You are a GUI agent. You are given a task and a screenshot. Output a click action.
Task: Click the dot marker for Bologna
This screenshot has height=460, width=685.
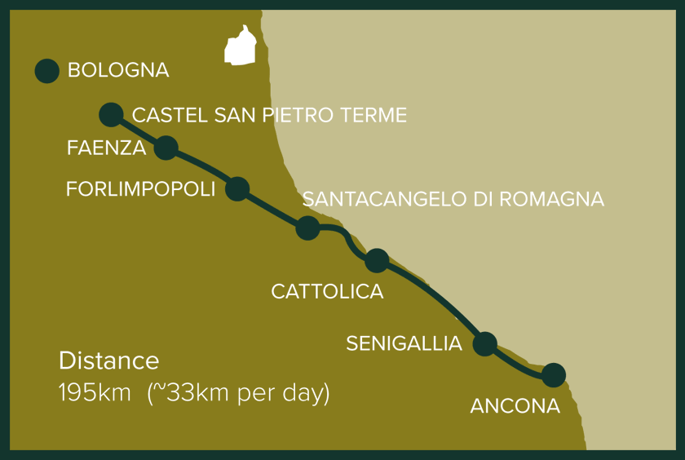(x=47, y=71)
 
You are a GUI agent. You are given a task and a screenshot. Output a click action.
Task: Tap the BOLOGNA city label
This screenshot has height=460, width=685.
(x=118, y=71)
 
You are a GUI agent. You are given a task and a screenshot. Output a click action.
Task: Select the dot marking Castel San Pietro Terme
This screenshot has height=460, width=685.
(x=111, y=114)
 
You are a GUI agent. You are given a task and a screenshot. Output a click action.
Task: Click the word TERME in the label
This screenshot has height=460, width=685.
(x=374, y=116)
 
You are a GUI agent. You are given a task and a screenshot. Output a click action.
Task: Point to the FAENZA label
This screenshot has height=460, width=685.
(x=107, y=148)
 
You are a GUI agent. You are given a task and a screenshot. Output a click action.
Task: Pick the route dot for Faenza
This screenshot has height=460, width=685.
(x=166, y=148)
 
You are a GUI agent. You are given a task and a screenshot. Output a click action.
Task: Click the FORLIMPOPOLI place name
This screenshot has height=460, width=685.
(x=140, y=189)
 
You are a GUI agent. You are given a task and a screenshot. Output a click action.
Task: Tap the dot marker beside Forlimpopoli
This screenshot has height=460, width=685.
(x=236, y=189)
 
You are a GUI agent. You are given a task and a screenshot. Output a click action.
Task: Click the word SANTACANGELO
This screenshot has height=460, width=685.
(x=380, y=200)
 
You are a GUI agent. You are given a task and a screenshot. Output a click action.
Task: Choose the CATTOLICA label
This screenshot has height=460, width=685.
(x=327, y=291)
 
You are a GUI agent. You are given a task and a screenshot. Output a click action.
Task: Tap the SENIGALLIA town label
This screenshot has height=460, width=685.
(x=404, y=343)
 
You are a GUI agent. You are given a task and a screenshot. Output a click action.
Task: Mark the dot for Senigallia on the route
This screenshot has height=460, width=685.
(x=484, y=343)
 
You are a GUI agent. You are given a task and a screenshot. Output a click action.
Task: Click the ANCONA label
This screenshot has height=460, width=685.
(x=515, y=405)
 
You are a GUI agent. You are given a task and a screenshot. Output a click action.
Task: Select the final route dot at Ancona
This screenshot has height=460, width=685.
(x=553, y=375)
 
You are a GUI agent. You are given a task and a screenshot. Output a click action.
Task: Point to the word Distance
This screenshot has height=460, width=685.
(x=108, y=360)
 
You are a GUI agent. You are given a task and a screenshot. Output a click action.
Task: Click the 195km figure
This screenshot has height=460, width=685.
(x=95, y=393)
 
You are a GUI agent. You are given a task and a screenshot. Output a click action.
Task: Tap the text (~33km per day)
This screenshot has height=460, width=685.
(x=238, y=393)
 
